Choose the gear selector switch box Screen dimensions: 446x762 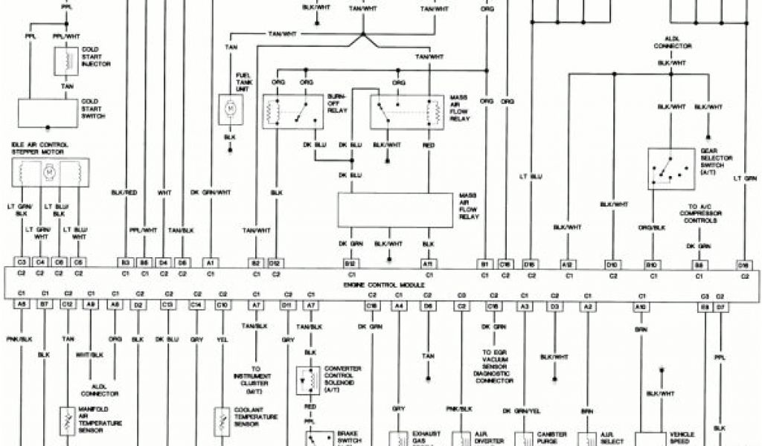pyautogui.click(x=670, y=169)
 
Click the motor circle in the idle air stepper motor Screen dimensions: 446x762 pyautogui.click(x=51, y=172)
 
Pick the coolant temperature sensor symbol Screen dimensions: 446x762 pyautogui.click(x=222, y=421)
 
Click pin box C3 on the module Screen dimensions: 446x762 pyautogui.click(x=22, y=262)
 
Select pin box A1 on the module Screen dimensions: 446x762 pyautogui.click(x=211, y=262)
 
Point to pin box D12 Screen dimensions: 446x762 pyautogui.click(x=275, y=262)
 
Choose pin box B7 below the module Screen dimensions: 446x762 pyautogui.click(x=45, y=305)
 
